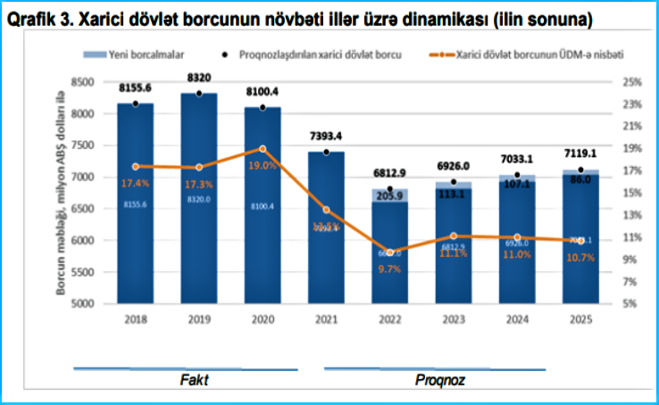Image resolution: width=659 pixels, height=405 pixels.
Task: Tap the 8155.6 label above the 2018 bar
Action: (135, 88)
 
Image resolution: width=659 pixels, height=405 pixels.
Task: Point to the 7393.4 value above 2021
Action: (325, 136)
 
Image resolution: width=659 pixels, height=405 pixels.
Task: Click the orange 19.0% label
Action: (263, 165)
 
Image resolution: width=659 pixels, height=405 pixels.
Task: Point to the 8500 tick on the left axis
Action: (83, 82)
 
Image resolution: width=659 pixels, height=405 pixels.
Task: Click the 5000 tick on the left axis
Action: (83, 303)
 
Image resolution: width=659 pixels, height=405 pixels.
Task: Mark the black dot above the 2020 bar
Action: (262, 107)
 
